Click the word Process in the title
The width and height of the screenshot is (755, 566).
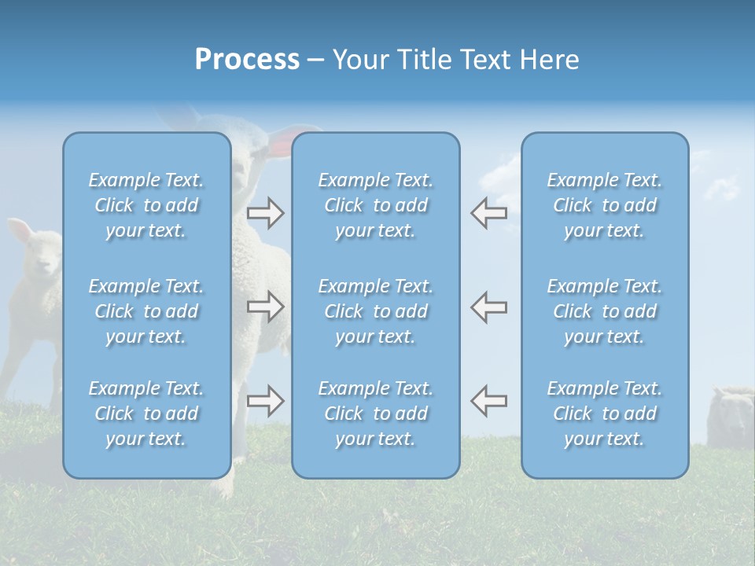pos(247,60)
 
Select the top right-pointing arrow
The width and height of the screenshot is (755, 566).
pos(265,212)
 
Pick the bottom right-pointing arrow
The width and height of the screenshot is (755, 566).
pos(265,401)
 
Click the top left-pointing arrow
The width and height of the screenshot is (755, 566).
pos(488,212)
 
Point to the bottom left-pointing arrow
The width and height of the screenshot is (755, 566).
pos(488,401)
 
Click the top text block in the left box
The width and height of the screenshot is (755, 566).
pos(146,205)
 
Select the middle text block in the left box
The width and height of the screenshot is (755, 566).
pos(146,311)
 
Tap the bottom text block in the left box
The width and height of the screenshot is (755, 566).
pos(146,413)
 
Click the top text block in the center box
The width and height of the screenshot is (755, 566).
pos(376,205)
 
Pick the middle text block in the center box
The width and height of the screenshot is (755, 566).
pos(376,311)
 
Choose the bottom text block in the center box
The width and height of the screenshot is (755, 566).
pos(376,413)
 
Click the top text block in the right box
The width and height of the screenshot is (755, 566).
pos(605,205)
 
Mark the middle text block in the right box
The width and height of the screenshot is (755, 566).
pos(605,311)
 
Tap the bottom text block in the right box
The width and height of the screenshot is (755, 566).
pos(605,413)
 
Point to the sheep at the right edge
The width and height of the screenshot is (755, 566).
pos(730,417)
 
